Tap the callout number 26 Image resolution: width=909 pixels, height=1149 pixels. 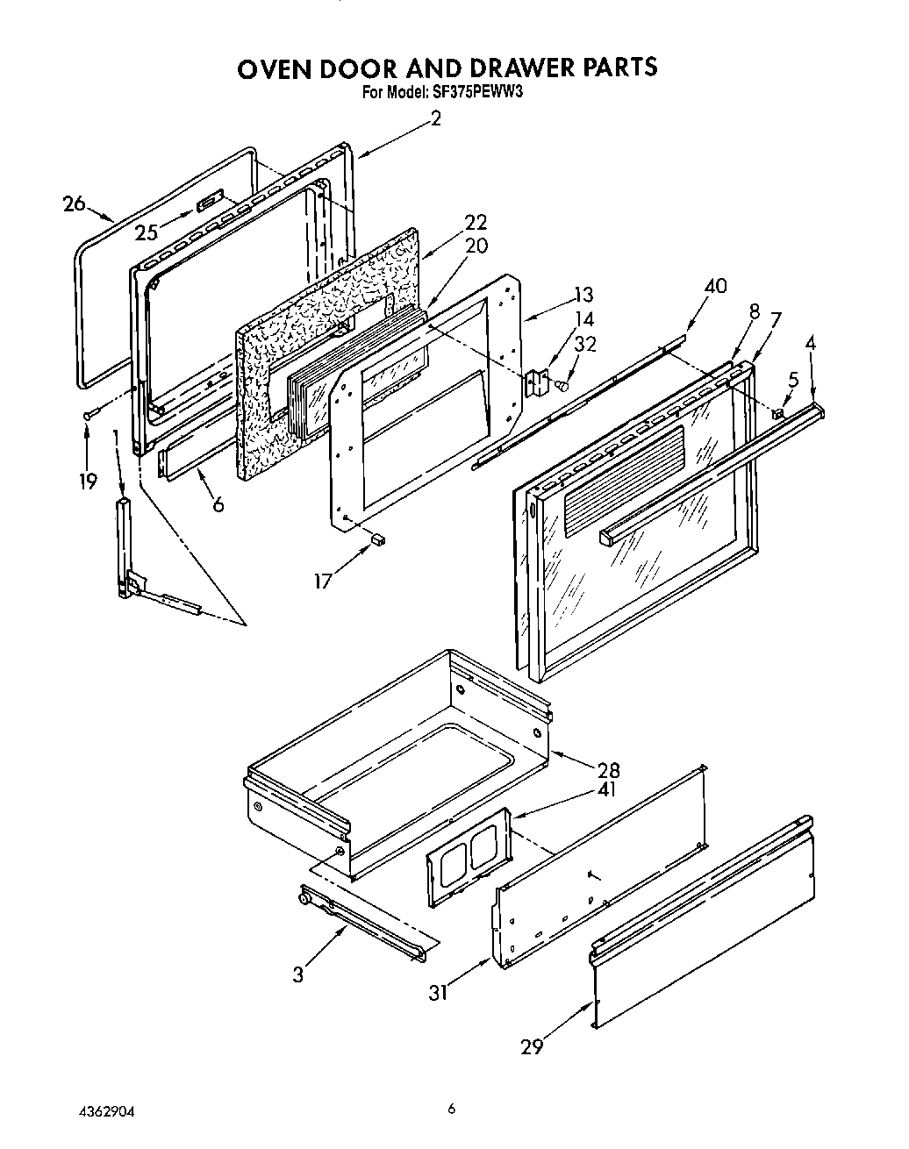75,204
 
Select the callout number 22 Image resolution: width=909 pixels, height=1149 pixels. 476,224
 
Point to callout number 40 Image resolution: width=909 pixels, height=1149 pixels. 715,287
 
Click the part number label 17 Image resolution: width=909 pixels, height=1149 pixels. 324,580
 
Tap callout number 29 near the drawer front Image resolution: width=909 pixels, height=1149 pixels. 532,1046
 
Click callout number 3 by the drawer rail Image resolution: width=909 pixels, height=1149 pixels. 299,974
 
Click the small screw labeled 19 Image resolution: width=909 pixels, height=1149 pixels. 88,413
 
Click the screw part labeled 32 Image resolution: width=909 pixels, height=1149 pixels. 563,384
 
